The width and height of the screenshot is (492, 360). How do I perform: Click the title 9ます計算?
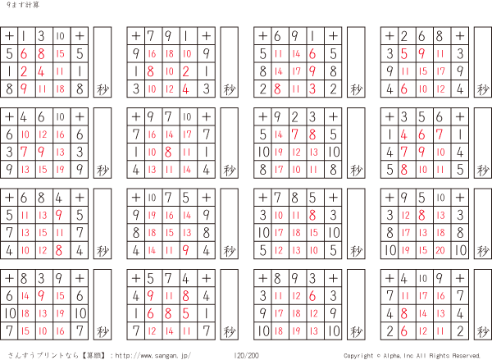click(23, 5)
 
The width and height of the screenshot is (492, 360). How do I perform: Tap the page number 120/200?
click(246, 355)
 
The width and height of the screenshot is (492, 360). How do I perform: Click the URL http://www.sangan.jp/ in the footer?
click(153, 355)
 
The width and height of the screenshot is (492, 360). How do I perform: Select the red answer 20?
click(440, 250)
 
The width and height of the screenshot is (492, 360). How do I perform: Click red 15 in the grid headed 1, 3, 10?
click(60, 53)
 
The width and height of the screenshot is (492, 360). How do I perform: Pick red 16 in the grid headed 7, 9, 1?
click(152, 53)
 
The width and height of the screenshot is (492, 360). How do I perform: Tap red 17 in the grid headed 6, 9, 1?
click(296, 71)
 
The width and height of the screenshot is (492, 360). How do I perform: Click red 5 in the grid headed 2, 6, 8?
click(404, 53)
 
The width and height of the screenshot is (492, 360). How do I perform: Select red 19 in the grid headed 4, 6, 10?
click(60, 170)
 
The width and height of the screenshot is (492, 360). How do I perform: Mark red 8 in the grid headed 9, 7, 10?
click(168, 153)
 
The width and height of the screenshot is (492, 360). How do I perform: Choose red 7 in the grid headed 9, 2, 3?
click(295, 134)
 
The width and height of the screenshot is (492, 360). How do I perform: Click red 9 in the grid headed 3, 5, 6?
click(421, 153)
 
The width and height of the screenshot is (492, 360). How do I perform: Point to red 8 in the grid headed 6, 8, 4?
click(59, 250)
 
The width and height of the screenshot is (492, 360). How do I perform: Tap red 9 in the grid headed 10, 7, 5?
click(186, 250)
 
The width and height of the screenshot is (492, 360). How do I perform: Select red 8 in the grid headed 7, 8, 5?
click(312, 215)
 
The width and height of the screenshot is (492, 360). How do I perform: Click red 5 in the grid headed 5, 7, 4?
click(186, 313)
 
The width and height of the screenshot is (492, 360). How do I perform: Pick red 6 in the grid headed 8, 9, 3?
click(312, 296)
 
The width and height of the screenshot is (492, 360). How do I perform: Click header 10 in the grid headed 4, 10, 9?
click(423, 278)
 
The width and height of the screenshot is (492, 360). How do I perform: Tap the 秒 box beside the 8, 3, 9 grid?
click(102, 304)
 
